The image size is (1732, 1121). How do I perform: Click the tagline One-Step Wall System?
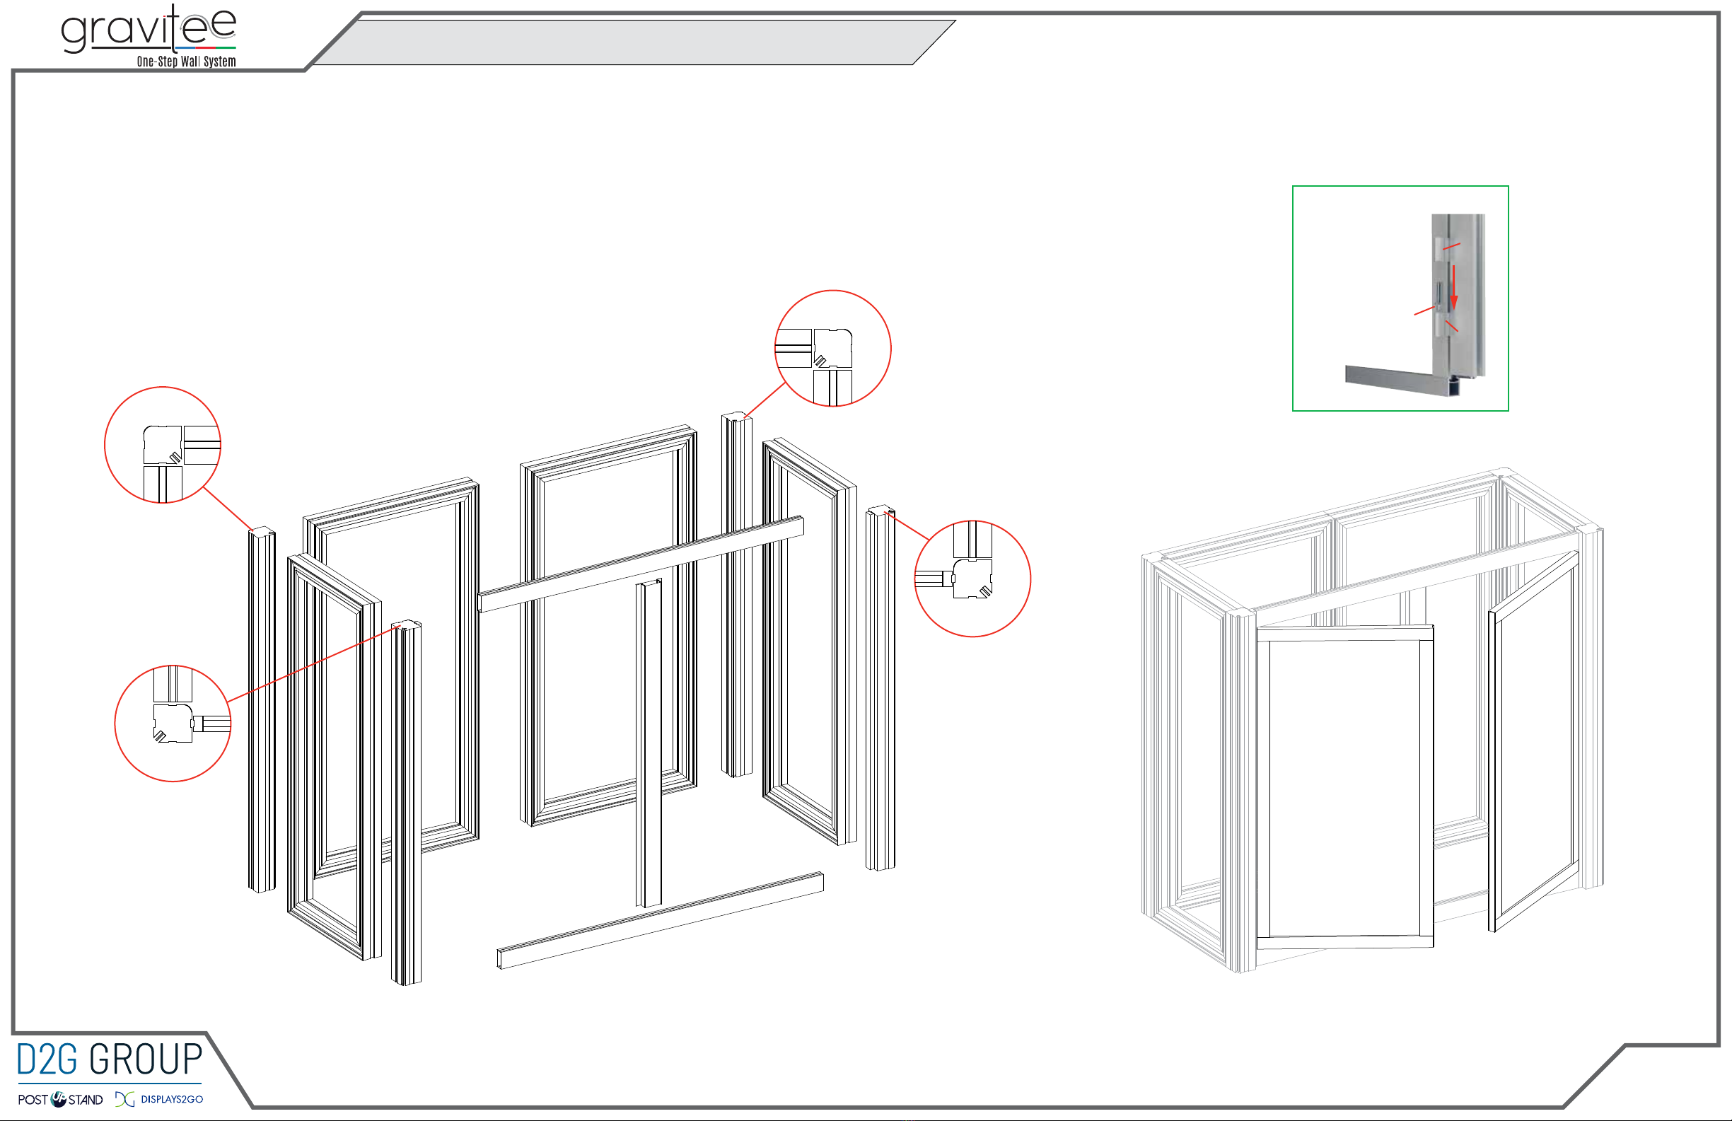tap(186, 62)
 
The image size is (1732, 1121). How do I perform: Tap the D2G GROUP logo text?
tap(109, 1059)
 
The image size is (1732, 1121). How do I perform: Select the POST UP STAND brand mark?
tap(60, 1099)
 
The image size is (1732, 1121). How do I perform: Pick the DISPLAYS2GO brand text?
tap(172, 1099)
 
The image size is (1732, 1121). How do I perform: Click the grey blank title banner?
tap(633, 42)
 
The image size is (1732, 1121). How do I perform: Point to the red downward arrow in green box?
tap(1454, 287)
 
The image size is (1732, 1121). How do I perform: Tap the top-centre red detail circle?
tap(832, 291)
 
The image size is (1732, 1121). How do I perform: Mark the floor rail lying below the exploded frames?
tap(660, 921)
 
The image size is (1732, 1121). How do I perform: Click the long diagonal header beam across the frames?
tap(641, 564)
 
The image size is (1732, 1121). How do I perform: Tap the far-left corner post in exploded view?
tap(262, 709)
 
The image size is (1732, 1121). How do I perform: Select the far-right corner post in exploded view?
tap(880, 688)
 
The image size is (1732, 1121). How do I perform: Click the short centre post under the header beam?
tap(649, 743)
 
